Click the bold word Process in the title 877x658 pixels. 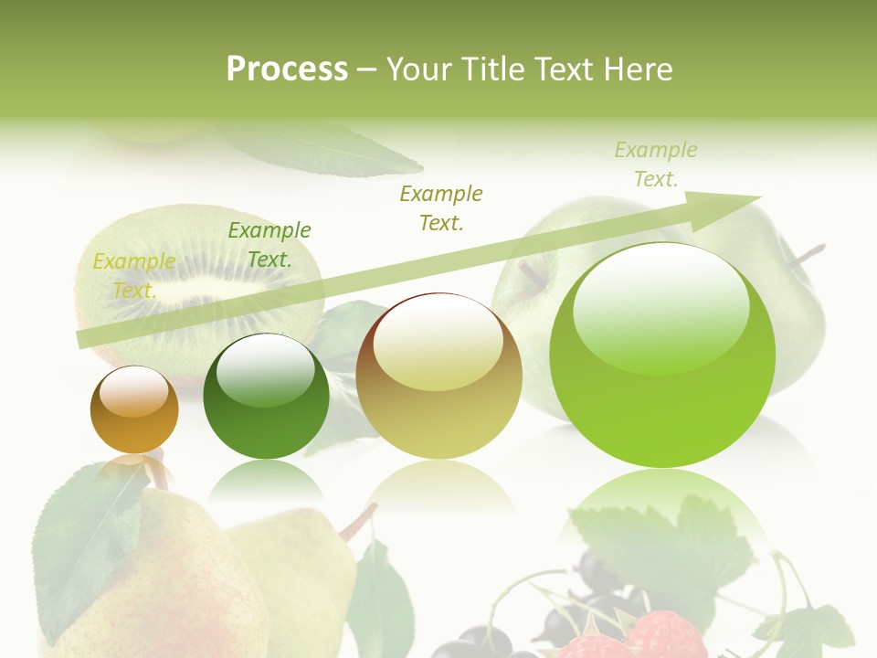[287, 69]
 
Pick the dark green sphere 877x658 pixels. [266, 397]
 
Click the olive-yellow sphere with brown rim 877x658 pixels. [438, 376]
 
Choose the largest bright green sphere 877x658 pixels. [662, 355]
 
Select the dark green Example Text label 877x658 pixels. [269, 245]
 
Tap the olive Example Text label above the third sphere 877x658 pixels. [441, 207]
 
